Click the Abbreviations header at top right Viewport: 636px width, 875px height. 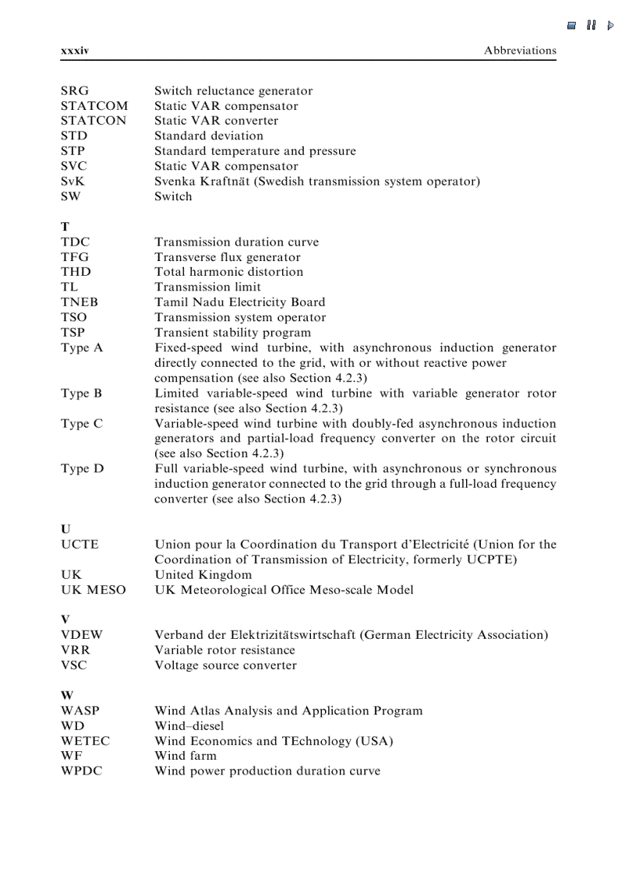pyautogui.click(x=520, y=51)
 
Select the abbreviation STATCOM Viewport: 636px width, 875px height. pyautogui.click(x=94, y=106)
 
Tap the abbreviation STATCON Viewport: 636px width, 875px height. pyautogui.click(x=94, y=121)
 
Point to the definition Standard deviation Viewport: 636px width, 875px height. pyautogui.click(x=209, y=136)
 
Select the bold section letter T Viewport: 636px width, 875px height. pyautogui.click(x=65, y=227)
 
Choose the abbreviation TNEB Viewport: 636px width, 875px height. pyautogui.click(x=79, y=302)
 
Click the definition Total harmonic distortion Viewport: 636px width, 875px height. pyautogui.click(x=229, y=272)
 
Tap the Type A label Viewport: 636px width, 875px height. pyautogui.click(x=82, y=348)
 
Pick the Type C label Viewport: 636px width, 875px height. pyautogui.click(x=82, y=424)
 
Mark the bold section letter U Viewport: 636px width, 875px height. pyautogui.click(x=65, y=529)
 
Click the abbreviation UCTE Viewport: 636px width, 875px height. pyautogui.click(x=80, y=545)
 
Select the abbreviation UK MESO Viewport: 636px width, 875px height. pyautogui.click(x=94, y=590)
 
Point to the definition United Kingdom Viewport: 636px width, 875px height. pyautogui.click(x=203, y=575)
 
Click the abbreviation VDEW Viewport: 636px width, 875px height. pyautogui.click(x=82, y=635)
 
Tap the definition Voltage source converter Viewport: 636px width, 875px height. pyautogui.click(x=225, y=665)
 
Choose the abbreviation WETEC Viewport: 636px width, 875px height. pyautogui.click(x=86, y=741)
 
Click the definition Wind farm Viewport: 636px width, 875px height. pyautogui.click(x=185, y=756)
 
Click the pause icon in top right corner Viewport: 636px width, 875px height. pyautogui.click(x=592, y=25)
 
